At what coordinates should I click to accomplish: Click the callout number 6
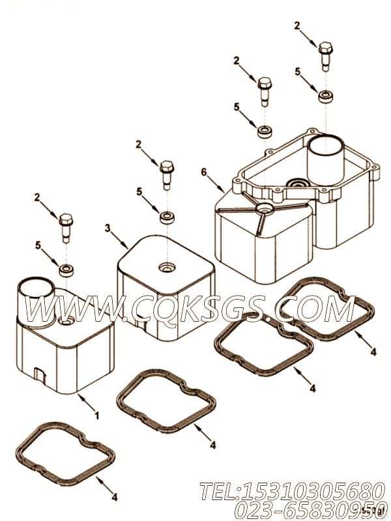pos(204,172)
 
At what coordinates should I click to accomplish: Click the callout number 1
pos(96,415)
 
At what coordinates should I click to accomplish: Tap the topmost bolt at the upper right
pos(325,56)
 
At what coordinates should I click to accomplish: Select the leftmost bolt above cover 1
pos(66,228)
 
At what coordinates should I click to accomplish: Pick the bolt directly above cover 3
pos(166,175)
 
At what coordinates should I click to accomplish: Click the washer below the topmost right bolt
pos(326,96)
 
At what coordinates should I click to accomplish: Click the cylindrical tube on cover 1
pos(35,301)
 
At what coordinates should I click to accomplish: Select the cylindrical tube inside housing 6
pos(326,156)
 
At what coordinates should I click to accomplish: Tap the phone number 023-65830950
pos(309,509)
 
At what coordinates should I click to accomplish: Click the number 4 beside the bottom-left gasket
pos(114,498)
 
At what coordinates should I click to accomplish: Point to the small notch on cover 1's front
pos(39,374)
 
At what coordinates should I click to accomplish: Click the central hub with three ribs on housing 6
pos(265,208)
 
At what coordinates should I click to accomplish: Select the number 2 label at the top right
pos(297,26)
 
